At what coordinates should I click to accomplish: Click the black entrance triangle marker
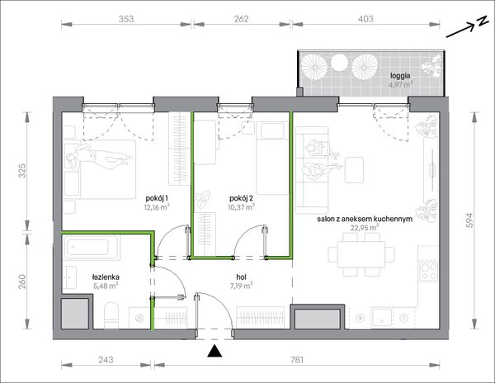tap(214, 351)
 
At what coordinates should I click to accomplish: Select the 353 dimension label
tap(126, 19)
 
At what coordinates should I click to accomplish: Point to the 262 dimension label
tap(241, 19)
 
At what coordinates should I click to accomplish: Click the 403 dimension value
tap(365, 19)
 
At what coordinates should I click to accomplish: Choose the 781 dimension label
tap(297, 360)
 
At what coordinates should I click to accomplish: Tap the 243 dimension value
tap(106, 360)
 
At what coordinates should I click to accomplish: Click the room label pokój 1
tap(157, 198)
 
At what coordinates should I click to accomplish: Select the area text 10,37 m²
tap(241, 207)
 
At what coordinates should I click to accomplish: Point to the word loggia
tap(400, 76)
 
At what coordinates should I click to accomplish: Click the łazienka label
tap(106, 277)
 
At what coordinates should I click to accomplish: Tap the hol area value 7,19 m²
tap(241, 286)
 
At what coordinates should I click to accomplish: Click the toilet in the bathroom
tap(111, 315)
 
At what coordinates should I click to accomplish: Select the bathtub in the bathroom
tap(92, 248)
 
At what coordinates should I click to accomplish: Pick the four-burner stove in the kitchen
tap(428, 272)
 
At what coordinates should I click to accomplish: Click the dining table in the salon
tap(361, 254)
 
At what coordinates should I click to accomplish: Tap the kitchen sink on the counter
tap(382, 317)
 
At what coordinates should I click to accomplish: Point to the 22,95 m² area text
tap(365, 227)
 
